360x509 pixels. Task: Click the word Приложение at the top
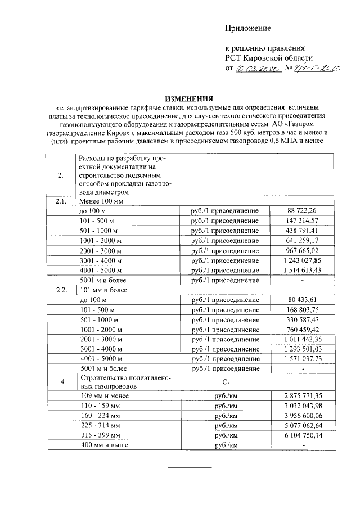coord(248,28)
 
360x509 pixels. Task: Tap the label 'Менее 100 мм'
coord(101,201)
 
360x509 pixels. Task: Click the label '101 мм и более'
coord(103,290)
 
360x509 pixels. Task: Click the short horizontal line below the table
coord(191,467)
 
